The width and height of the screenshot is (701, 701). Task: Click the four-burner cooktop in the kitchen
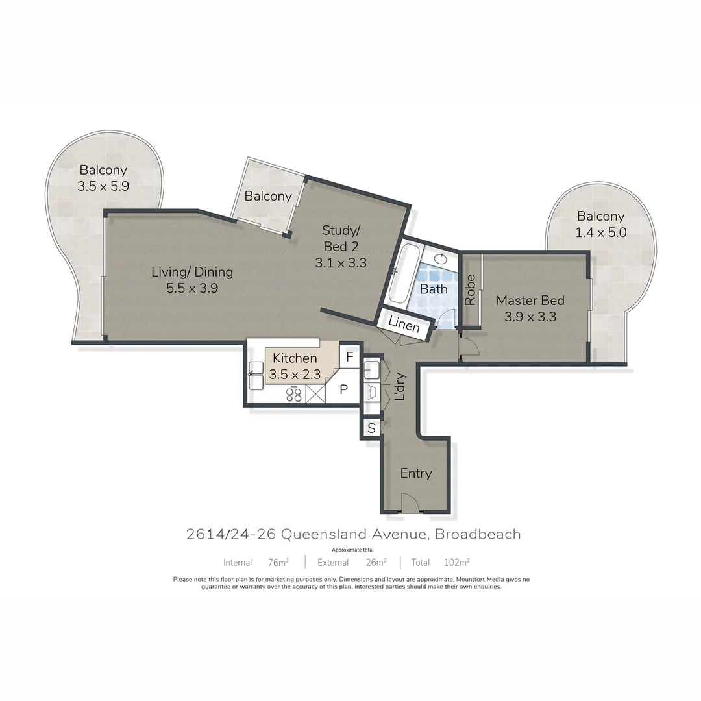coord(294,395)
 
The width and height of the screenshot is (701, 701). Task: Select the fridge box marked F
coord(350,356)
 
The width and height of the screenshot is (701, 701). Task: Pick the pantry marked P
coord(345,389)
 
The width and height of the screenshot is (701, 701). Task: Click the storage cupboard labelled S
coord(371,428)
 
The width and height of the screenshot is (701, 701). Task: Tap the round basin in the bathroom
coord(441,259)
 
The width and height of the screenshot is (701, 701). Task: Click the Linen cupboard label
coord(404,325)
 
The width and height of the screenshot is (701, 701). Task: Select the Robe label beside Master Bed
coord(471,290)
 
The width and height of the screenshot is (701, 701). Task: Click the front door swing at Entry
coord(412,504)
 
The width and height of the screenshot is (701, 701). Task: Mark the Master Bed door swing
coord(469,348)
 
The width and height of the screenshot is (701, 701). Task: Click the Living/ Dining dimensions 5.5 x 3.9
coord(191,289)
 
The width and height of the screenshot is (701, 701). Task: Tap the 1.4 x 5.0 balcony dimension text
coord(601,232)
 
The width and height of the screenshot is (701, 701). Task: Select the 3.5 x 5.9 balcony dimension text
coord(104,186)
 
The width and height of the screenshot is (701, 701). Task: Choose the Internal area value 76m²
coord(278,562)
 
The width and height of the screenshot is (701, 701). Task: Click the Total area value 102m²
coord(457,562)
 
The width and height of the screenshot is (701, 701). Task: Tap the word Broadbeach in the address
coord(478,535)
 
